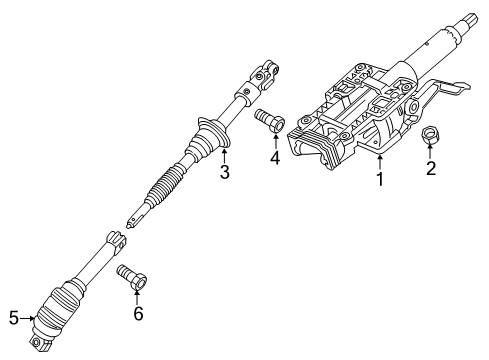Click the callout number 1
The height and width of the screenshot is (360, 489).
[x=378, y=181]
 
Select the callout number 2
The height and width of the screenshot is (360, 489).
[x=431, y=169]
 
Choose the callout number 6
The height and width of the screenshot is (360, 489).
[x=138, y=313]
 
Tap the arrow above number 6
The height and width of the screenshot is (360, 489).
[x=137, y=293]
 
